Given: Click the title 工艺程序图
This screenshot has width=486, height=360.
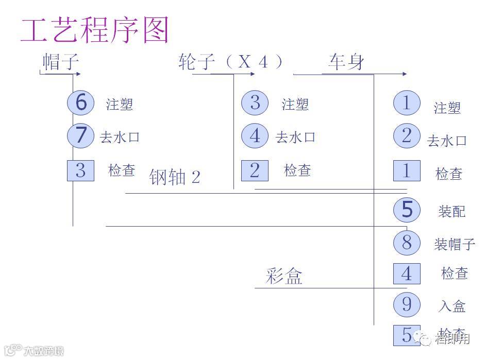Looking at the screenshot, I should click(x=95, y=30).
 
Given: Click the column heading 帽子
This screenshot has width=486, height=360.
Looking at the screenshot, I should click(x=61, y=62).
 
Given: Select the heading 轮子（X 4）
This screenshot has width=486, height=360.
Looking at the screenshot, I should click(x=231, y=62).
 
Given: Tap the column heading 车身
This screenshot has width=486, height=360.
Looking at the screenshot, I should click(x=346, y=62).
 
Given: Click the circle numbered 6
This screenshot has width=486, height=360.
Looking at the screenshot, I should click(x=81, y=102).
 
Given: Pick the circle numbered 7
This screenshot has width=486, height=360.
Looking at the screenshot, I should click(x=81, y=135).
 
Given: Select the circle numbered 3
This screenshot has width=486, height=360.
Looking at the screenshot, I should click(x=255, y=102).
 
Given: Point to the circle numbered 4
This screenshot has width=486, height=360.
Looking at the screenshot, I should click(x=255, y=136).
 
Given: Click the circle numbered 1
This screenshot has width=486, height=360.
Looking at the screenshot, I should click(x=407, y=103).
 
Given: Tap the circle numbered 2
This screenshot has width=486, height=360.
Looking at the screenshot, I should click(x=407, y=136).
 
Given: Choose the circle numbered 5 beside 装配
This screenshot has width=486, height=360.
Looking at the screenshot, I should click(x=407, y=210).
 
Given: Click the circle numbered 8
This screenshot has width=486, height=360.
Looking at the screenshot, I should click(x=407, y=243).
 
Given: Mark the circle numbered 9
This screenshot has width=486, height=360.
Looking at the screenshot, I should click(x=407, y=304).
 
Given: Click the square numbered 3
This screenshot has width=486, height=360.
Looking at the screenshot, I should click(x=80, y=170).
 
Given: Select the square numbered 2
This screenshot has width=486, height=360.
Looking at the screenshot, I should click(x=255, y=170).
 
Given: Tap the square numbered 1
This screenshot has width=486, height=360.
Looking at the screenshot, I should click(x=407, y=171).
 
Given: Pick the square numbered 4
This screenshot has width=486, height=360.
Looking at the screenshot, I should click(x=407, y=273).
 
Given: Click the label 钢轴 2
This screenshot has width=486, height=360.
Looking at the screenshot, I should click(x=175, y=177).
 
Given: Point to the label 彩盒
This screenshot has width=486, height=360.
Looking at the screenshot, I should click(x=284, y=277).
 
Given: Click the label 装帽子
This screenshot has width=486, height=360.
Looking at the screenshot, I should click(x=454, y=244).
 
